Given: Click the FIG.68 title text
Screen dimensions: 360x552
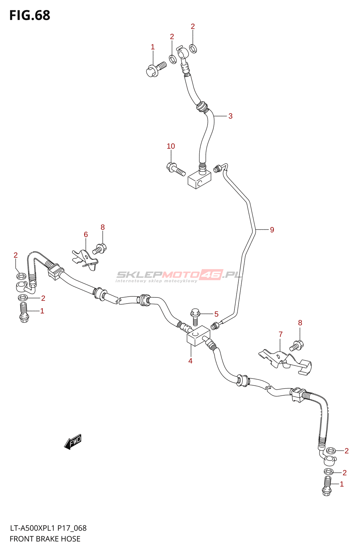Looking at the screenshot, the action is tap(30, 15).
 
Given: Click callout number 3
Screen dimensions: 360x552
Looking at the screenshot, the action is tap(230, 116).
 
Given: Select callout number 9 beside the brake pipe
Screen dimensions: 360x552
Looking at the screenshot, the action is tap(272, 230).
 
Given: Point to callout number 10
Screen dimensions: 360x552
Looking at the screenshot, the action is tap(171, 146).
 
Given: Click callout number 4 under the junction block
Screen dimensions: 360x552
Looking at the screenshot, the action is tap(190, 361).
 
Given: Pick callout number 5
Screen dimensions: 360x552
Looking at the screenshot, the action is tap(216, 314).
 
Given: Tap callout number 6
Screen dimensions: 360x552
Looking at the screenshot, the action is tap(86, 234).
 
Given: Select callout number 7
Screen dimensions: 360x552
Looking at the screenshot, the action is tap(280, 334).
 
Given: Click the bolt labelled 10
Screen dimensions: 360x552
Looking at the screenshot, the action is tap(176, 169).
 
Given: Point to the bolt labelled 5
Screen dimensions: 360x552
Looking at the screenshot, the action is tap(195, 317).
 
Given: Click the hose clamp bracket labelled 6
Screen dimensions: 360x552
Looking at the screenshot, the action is tap(85, 260).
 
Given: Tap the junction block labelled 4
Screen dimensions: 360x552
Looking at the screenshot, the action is tap(199, 336).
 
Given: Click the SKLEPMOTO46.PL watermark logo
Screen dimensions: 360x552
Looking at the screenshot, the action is tap(179, 276).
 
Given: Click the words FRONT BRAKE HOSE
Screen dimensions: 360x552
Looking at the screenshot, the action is tap(45, 539).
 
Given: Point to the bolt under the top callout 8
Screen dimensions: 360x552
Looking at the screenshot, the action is tap(99, 248).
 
